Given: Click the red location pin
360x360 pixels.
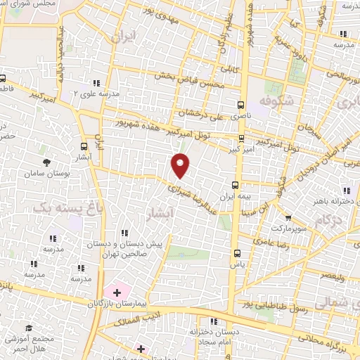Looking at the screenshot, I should [x=181, y=165].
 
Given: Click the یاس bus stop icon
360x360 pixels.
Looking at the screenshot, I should [x=236, y=254].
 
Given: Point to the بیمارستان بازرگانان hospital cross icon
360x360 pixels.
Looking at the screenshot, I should [x=117, y=291].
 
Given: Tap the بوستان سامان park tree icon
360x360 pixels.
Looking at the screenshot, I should [x=46, y=162].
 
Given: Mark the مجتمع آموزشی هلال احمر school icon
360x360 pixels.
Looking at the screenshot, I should [x=29, y=328].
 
